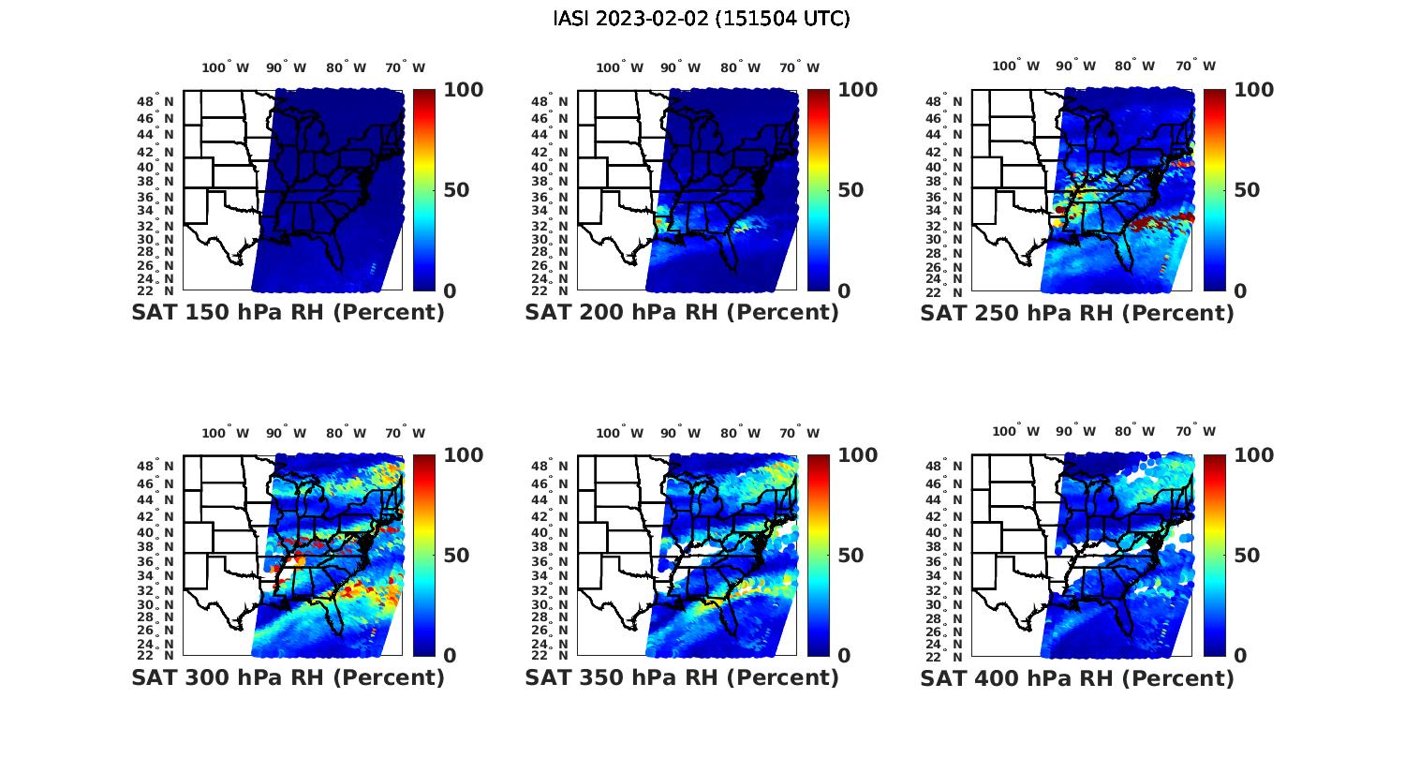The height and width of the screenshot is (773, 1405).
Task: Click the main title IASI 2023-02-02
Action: (x=702, y=19)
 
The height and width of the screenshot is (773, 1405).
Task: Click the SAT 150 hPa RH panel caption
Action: (x=288, y=313)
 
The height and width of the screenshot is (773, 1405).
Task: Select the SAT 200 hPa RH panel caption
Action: (x=682, y=313)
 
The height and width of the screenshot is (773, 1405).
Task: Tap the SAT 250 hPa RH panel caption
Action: (x=1077, y=313)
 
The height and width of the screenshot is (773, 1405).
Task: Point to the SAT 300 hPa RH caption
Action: (x=288, y=677)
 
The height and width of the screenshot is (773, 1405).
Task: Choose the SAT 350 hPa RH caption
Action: (x=682, y=677)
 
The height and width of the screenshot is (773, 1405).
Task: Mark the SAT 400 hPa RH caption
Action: (x=1077, y=677)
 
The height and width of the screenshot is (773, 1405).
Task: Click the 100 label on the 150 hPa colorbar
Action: (x=464, y=90)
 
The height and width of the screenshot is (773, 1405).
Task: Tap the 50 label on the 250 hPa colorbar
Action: (x=1247, y=190)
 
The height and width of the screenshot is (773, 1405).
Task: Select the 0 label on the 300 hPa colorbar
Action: (x=450, y=656)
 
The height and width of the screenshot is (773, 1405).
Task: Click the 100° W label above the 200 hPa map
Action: (x=619, y=67)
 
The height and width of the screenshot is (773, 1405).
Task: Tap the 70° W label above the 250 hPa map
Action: (x=1195, y=66)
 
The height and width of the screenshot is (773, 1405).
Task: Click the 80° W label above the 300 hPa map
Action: (x=347, y=433)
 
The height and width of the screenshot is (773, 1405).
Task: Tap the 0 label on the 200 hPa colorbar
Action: (x=844, y=291)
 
